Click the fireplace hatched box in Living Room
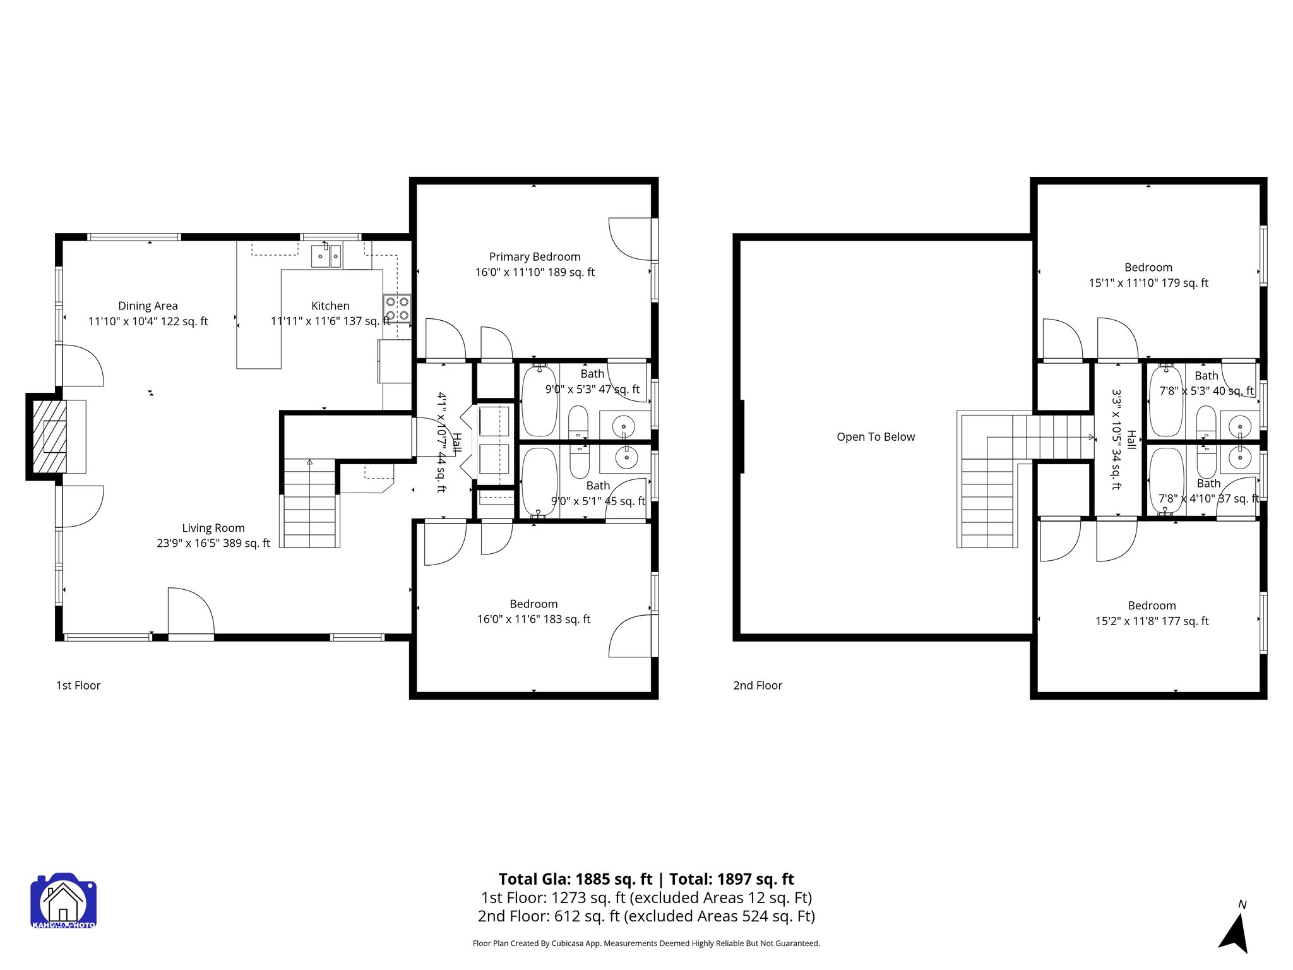pos(49,436)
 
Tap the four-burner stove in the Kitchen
pos(396,309)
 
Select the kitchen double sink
pos(326,256)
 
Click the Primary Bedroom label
pos(535,257)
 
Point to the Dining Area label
pos(148,306)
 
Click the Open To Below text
pos(875,437)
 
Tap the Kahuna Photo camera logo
pos(63,901)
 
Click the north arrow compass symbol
pos(1235,932)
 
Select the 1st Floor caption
pos(78,686)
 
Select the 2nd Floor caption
pos(757,686)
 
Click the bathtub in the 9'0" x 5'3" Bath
pos(540,401)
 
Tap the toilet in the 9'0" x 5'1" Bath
pos(579,461)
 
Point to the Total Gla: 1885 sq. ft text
pos(575,879)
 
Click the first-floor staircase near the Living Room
pos(309,505)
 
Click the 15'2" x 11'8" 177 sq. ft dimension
pos(1152,621)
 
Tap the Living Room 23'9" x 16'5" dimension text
pos(213,543)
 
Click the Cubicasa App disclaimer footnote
pos(646,943)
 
